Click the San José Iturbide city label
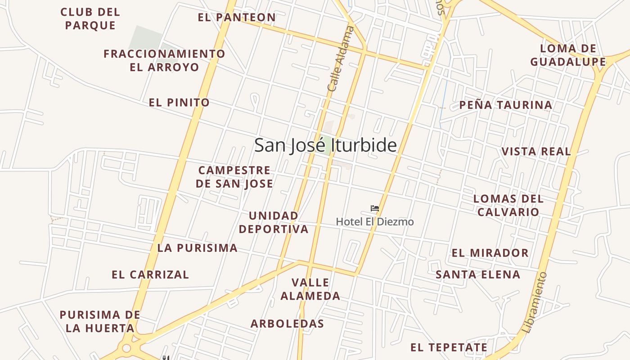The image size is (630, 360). point(325,145)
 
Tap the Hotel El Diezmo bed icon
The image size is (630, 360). point(374,208)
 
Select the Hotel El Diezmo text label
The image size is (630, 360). point(375,222)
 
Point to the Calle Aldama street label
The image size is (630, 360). point(340,59)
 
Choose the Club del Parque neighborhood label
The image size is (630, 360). point(90,19)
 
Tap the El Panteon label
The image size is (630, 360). point(237,18)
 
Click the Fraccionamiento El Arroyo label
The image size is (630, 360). point(164,60)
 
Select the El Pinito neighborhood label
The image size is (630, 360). point(179,103)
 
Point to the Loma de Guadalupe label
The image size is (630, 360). point(568,55)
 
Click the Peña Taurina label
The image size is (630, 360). point(505,105)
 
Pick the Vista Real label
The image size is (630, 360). point(536,151)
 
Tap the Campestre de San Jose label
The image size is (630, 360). point(234,177)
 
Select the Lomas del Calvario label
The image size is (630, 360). point(508,205)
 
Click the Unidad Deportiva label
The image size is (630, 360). point(274,222)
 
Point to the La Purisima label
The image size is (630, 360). point(197,248)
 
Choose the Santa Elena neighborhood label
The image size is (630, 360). point(478,274)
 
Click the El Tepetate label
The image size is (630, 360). point(449,347)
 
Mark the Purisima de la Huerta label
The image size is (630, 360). point(100,321)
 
